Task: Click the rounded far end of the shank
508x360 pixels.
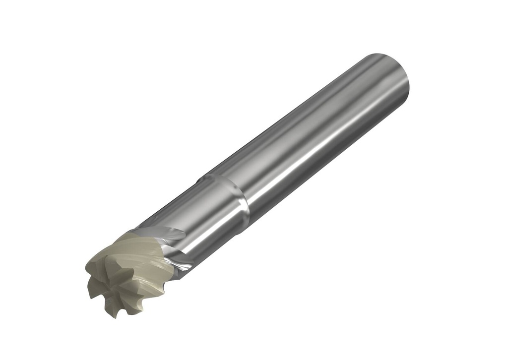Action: pos(392,74)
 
